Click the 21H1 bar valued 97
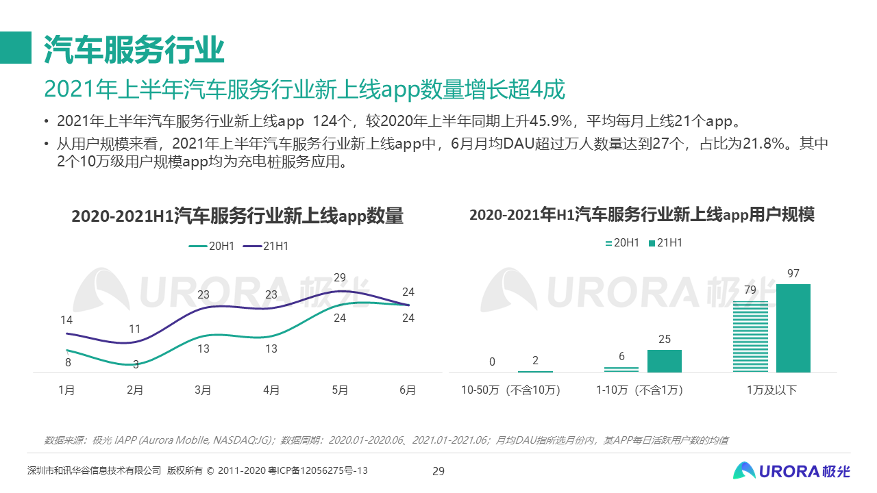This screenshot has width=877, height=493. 793,328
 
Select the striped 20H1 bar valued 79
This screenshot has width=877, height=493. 750,336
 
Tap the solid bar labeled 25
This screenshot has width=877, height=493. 664,361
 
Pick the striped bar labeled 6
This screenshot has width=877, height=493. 621,369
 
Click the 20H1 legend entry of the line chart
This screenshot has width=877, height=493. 212,246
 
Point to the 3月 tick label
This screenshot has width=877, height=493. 203,390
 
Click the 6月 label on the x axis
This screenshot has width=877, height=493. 408,390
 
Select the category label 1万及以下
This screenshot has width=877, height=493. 771,390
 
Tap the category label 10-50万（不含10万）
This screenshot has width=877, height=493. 510,390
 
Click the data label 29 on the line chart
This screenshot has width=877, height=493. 340,278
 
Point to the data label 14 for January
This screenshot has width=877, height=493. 66,320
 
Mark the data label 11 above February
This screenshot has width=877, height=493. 135,328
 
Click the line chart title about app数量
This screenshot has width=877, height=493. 237,216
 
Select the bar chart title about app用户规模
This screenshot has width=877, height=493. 642,214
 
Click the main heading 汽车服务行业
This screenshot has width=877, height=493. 134,49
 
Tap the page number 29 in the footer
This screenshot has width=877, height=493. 438,470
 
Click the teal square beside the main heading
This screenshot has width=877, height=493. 16,48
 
